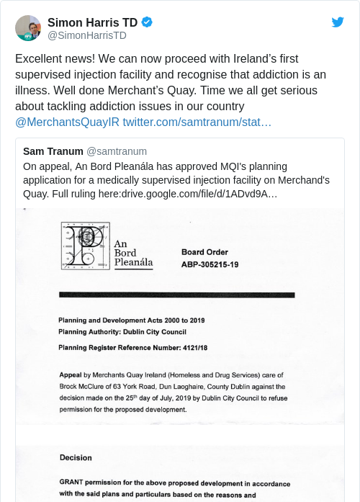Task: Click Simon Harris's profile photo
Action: click(x=27, y=27)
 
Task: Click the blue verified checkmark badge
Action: click(x=147, y=22)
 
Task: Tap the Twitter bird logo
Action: click(x=338, y=22)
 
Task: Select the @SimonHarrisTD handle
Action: click(x=86, y=35)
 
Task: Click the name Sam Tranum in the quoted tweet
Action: click(x=53, y=151)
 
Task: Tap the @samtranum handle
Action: click(x=117, y=151)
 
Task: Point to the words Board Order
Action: click(x=204, y=252)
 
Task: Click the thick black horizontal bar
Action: click(x=177, y=295)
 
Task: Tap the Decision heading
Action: click(x=76, y=457)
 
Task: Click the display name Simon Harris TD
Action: click(x=92, y=22)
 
